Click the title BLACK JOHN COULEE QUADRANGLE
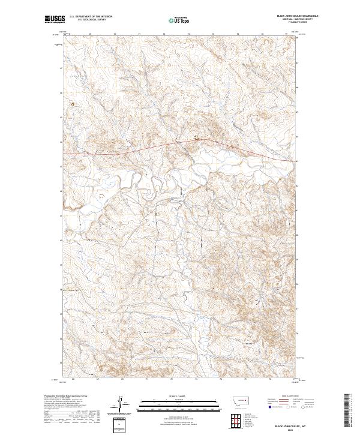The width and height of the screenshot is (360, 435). coord(297,16)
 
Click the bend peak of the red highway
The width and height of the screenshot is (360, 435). coord(204,139)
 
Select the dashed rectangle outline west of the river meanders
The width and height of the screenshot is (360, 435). coord(100,196)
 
